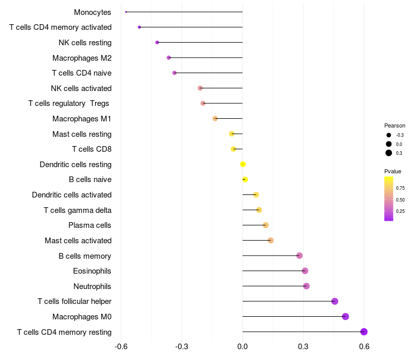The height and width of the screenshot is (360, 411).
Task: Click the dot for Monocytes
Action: pos(126,12)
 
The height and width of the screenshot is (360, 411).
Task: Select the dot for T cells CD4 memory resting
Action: pos(364,332)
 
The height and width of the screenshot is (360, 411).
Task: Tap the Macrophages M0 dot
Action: pos(345,316)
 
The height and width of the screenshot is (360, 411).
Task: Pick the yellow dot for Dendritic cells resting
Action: pos(243,165)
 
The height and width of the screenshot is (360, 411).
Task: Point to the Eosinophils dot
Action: pos(305,271)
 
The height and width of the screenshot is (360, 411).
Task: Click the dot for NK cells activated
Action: pos(200,88)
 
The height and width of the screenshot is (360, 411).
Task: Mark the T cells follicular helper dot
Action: pos(335,301)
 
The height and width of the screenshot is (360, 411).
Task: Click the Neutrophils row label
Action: pos(92,286)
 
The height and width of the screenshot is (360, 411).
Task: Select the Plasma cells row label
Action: pos(90,225)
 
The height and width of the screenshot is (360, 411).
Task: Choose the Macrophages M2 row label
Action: pos(82,58)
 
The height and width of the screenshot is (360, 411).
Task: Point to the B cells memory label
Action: pos(85,256)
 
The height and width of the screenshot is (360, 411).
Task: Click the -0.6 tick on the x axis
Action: pos(121,347)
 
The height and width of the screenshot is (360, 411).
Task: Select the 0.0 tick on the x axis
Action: pos(242,347)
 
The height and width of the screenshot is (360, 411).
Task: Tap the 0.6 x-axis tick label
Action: pos(364,347)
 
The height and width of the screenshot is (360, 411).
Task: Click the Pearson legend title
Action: pos(395,125)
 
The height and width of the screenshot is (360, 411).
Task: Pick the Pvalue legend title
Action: pos(393,171)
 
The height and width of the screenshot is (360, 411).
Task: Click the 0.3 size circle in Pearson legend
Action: pos(389,153)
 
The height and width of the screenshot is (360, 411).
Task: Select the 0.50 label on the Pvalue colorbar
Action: pos(400,200)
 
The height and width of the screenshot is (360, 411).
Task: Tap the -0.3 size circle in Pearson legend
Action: pos(389,135)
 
